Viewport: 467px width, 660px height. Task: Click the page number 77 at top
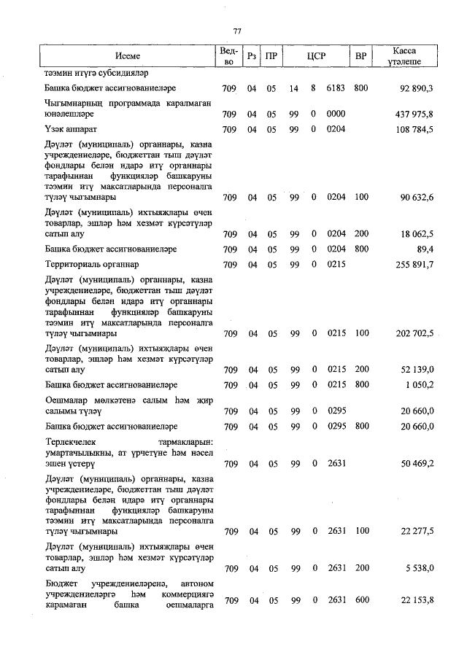tap(237, 31)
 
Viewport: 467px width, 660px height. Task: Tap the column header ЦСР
tap(315, 55)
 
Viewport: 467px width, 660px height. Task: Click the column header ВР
tap(360, 55)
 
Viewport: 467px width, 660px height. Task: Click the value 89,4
tap(425, 249)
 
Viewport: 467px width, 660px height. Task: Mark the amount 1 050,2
tap(419, 384)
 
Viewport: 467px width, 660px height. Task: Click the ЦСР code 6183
tap(336, 88)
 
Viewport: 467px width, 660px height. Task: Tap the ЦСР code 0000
tap(336, 115)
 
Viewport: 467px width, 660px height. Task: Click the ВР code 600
tap(360, 599)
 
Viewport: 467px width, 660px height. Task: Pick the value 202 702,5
tap(414, 333)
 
